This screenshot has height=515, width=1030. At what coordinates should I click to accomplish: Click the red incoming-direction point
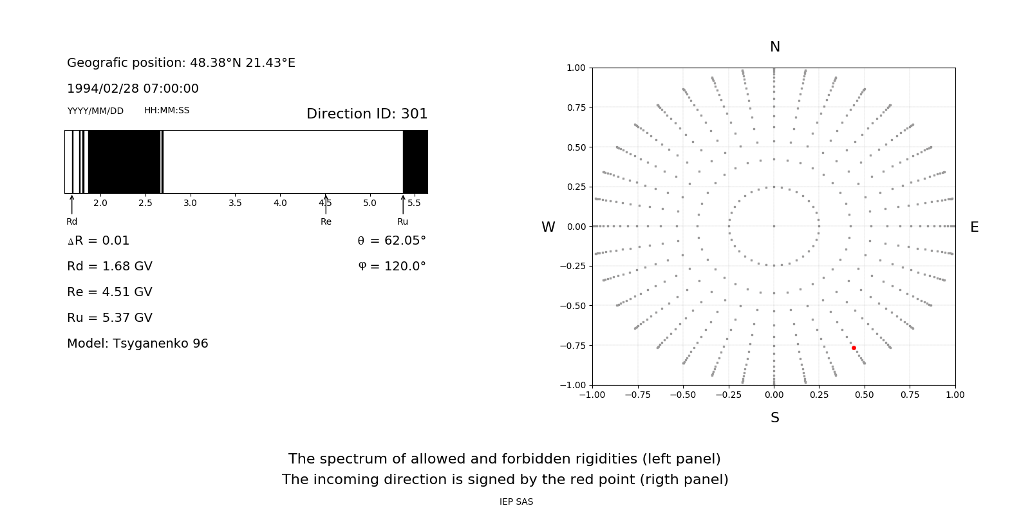[x=854, y=348]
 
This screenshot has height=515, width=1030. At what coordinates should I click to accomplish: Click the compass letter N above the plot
[x=775, y=47]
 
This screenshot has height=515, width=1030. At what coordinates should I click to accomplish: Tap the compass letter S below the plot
[x=775, y=418]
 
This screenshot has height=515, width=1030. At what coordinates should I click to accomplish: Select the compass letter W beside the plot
[x=548, y=227]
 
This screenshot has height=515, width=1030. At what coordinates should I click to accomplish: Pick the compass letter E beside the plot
[x=974, y=227]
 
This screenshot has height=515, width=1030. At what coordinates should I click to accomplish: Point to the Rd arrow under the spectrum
[x=71, y=204]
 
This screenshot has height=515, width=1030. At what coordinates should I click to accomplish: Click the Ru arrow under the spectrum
[x=403, y=204]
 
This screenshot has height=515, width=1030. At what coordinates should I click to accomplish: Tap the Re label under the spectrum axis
[x=326, y=222]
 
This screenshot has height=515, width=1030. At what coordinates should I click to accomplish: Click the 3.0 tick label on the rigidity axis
[x=190, y=203]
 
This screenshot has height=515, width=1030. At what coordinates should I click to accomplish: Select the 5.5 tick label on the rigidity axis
[x=414, y=203]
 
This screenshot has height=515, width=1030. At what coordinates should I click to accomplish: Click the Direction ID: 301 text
[x=367, y=114]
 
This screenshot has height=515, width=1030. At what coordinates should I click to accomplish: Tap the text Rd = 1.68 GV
[x=109, y=267]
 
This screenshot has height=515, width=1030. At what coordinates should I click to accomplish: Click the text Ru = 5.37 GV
[x=109, y=318]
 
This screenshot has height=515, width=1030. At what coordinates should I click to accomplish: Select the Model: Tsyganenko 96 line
[x=138, y=344]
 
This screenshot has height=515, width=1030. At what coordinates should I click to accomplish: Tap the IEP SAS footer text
[x=516, y=501]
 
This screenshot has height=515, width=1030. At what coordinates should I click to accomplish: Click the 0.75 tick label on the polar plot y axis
[x=576, y=108]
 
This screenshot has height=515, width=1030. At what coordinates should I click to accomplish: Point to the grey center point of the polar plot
[x=774, y=226]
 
